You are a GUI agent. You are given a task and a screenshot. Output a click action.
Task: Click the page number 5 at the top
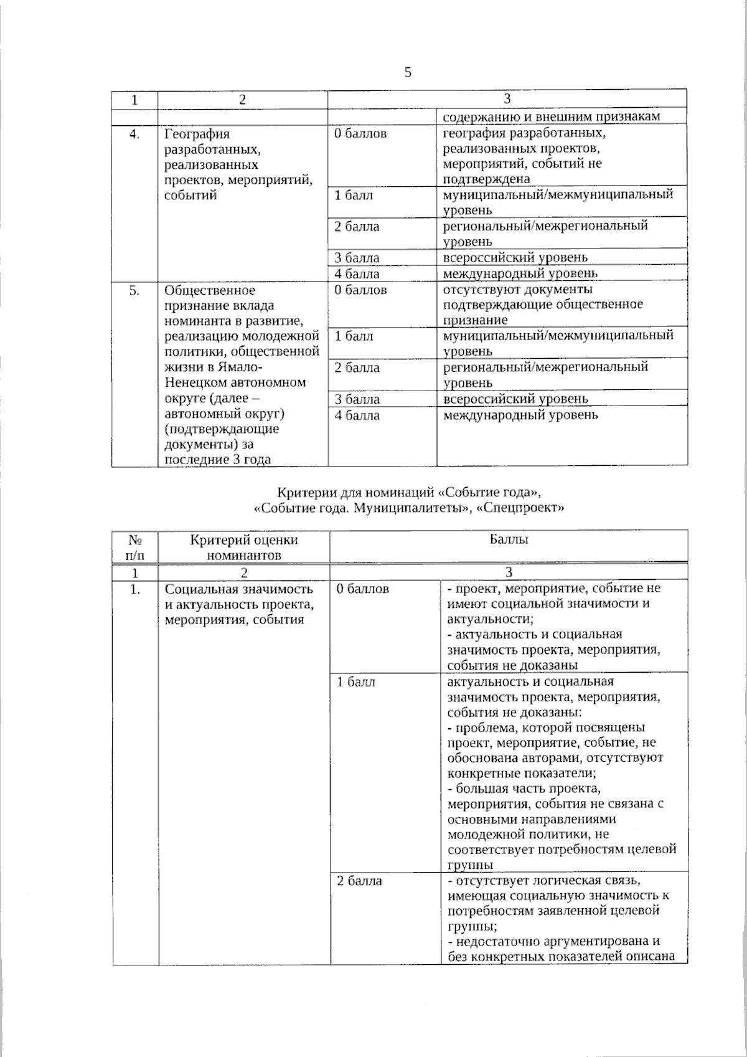(408, 73)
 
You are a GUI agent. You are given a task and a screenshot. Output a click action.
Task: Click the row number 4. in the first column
(134, 134)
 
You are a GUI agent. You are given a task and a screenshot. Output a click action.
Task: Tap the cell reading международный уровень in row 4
(520, 273)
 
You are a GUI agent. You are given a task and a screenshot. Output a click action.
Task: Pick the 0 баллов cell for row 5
(360, 290)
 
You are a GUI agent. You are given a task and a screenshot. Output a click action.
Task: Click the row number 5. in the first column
(134, 290)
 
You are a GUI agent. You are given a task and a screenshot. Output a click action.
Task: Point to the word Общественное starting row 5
(210, 290)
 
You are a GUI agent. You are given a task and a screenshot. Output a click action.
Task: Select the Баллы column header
(508, 540)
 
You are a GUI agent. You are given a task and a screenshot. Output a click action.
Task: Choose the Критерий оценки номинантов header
(244, 547)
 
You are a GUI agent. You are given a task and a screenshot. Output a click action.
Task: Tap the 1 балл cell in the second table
(356, 682)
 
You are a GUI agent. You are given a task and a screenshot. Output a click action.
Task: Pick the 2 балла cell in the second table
(359, 881)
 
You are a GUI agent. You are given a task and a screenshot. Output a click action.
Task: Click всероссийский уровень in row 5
(515, 399)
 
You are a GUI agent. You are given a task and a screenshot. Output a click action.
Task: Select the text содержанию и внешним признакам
(551, 116)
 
